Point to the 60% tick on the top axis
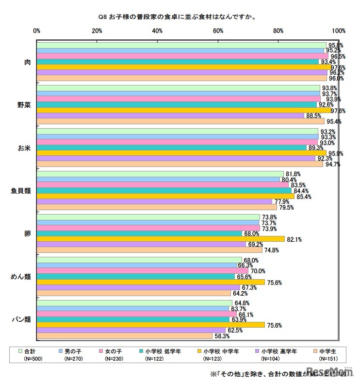click(x=218, y=31)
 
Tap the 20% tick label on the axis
click(x=97, y=31)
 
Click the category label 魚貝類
click(x=21, y=191)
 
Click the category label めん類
click(x=22, y=277)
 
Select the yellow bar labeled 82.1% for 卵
click(x=160, y=239)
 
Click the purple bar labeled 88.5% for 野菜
click(x=170, y=116)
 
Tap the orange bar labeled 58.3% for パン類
click(x=124, y=336)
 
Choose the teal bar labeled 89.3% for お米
click(x=171, y=148)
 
